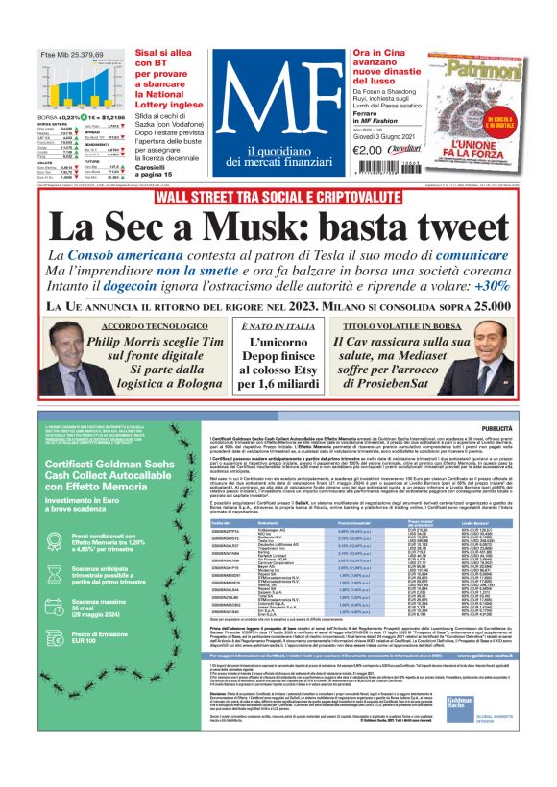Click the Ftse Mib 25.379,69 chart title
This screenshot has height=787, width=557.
pos(72,55)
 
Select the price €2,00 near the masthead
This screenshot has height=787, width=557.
pos(368,149)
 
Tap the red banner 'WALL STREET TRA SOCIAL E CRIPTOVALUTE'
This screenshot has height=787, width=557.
pos(278,197)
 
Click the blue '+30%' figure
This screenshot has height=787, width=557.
pos(491,286)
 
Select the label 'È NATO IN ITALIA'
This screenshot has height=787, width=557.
pos(278,327)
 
